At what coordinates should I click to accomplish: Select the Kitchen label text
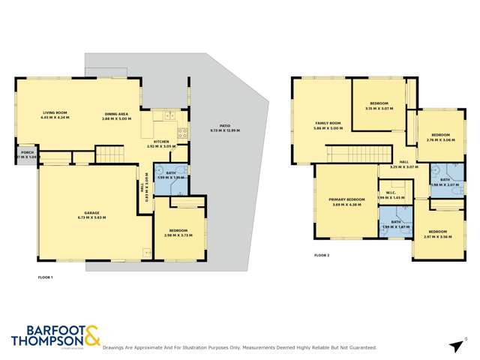pyautogui.click(x=161, y=141)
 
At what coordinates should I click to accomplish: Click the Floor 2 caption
pyautogui.click(x=322, y=255)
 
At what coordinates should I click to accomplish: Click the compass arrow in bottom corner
pyautogui.click(x=455, y=346)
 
